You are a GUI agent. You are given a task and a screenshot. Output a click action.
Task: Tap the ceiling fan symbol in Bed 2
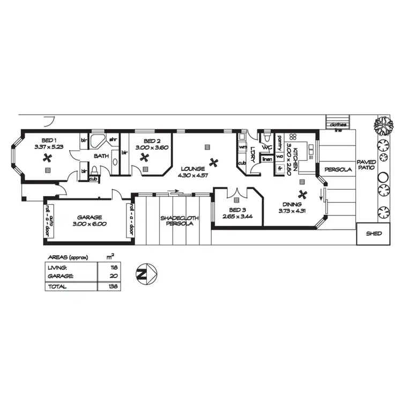click(x=144, y=157)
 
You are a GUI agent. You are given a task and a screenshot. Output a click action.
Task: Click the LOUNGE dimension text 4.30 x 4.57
click(x=193, y=175)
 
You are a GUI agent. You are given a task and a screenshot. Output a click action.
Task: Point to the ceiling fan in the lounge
click(x=214, y=161)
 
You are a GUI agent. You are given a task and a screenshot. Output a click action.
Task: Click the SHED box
click(x=373, y=234)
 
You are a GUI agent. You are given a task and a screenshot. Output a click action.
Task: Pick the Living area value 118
click(x=113, y=267)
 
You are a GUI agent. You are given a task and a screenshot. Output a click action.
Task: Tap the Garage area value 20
click(x=113, y=277)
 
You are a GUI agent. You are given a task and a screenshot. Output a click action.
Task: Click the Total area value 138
click(x=113, y=286)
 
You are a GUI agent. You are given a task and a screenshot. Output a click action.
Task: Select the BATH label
click(x=101, y=156)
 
